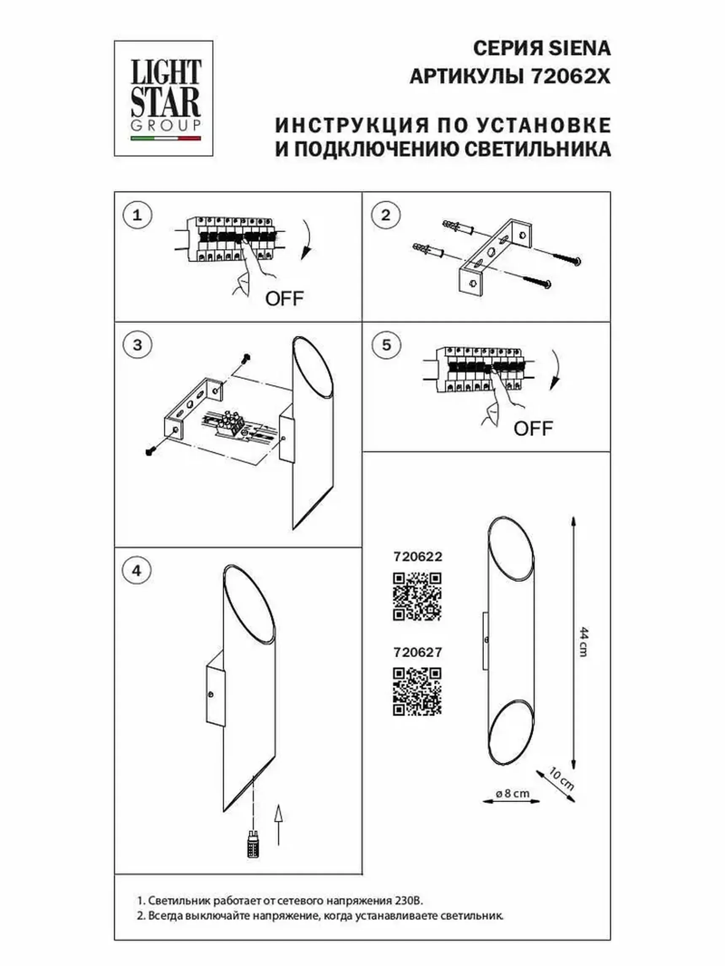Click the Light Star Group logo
pyautogui.click(x=164, y=98)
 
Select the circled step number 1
pyautogui.click(x=137, y=215)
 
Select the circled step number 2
pyautogui.click(x=385, y=215)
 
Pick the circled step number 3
pyautogui.click(x=137, y=345)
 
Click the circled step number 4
pyautogui.click(x=137, y=571)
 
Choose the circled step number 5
pyautogui.click(x=386, y=345)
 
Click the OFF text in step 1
pyautogui.click(x=284, y=299)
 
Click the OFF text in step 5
pyautogui.click(x=533, y=429)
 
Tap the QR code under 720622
pyautogui.click(x=417, y=597)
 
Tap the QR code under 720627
pyautogui.click(x=417, y=691)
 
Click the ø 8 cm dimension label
pyautogui.click(x=513, y=793)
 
